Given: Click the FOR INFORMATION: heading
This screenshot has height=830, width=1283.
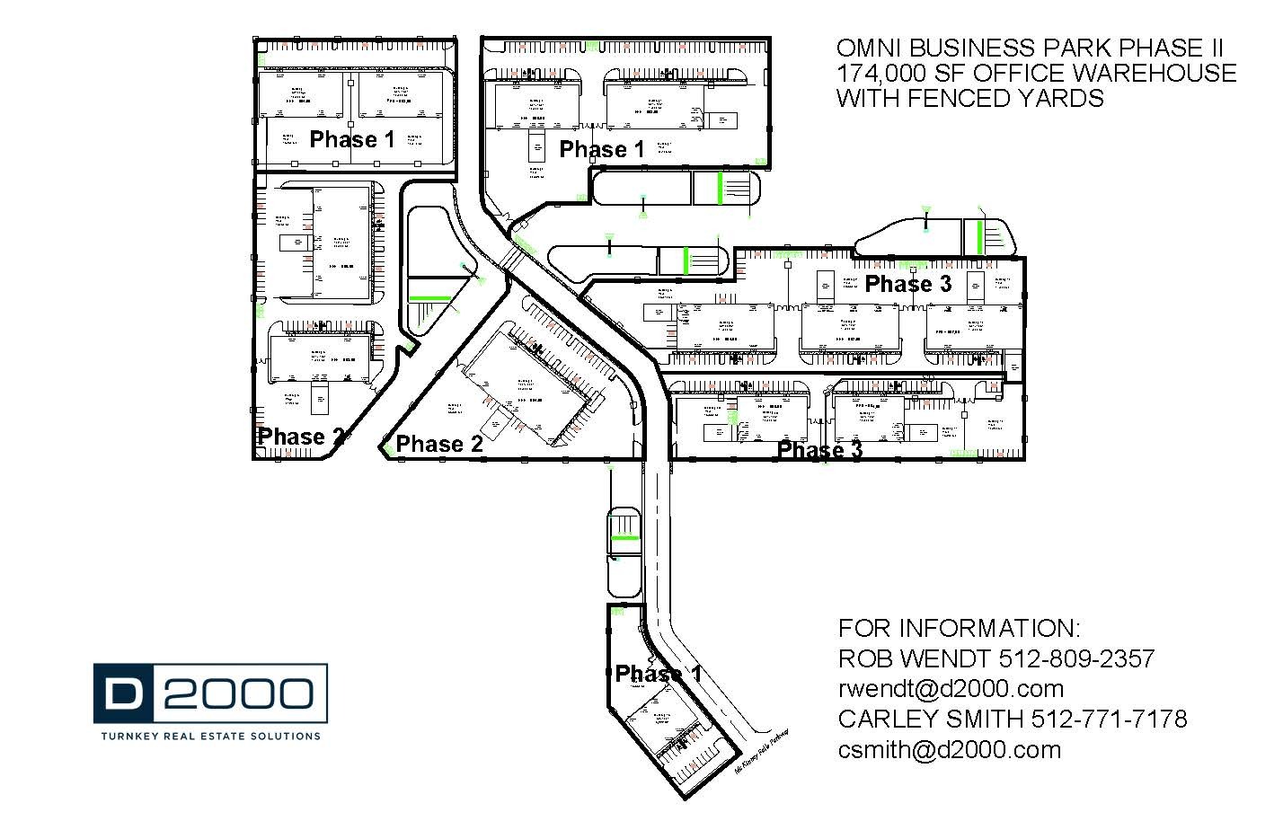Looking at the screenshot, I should (x=959, y=628).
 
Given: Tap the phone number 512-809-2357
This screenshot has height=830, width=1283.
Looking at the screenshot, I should (x=1076, y=658).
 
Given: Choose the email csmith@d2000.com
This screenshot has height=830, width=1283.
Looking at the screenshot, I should (x=949, y=749).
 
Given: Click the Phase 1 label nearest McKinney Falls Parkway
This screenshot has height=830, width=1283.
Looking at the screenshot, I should (x=659, y=674).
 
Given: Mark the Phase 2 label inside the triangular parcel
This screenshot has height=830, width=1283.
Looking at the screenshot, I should (x=439, y=444).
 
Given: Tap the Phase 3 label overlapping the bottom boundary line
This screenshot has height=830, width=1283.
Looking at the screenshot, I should (x=819, y=450).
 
